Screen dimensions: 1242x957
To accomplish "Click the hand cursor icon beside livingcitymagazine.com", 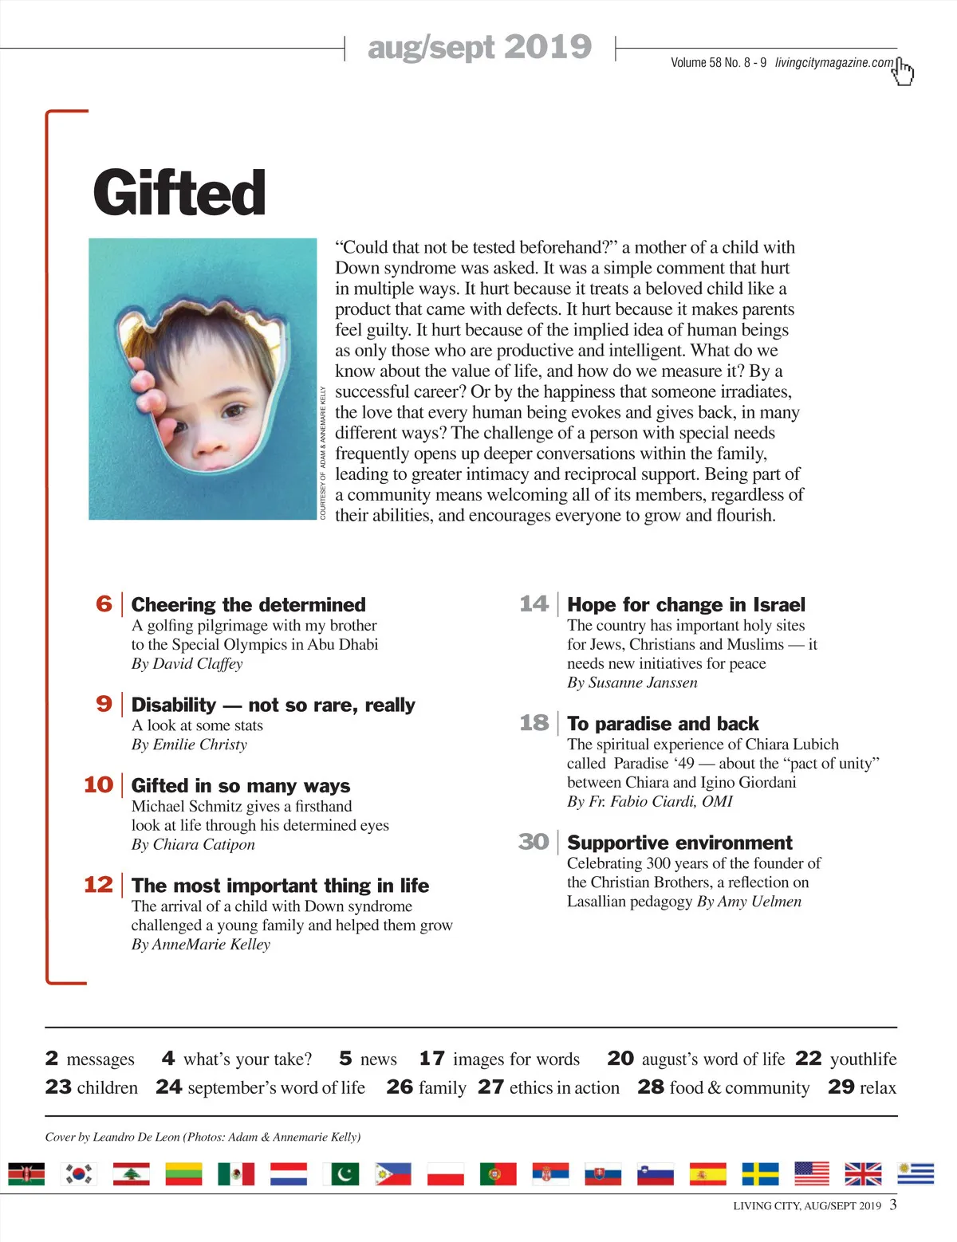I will (903, 71).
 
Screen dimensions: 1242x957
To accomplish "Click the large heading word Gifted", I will (179, 193).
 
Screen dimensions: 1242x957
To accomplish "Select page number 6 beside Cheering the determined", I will (104, 603).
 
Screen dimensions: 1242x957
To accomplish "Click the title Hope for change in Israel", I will (686, 604).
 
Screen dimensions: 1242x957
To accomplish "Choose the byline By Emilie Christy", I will (189, 745).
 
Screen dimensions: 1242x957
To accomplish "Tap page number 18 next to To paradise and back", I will (534, 723).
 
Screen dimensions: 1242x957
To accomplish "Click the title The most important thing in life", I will (280, 886).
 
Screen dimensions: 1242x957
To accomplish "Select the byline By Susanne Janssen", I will (632, 682).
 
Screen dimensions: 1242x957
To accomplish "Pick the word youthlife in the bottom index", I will (863, 1059).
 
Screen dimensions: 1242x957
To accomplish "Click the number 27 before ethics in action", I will (490, 1087).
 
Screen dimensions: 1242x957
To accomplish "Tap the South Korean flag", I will (79, 1174).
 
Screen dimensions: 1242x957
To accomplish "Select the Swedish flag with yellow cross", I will (760, 1174).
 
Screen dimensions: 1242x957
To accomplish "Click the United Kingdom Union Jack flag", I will (863, 1174).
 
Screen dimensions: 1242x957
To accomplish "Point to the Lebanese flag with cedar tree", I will (131, 1174).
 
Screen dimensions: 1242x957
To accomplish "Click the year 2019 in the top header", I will (548, 47).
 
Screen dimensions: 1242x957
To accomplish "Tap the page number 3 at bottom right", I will (893, 1204).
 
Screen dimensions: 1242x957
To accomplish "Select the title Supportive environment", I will (679, 843).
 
